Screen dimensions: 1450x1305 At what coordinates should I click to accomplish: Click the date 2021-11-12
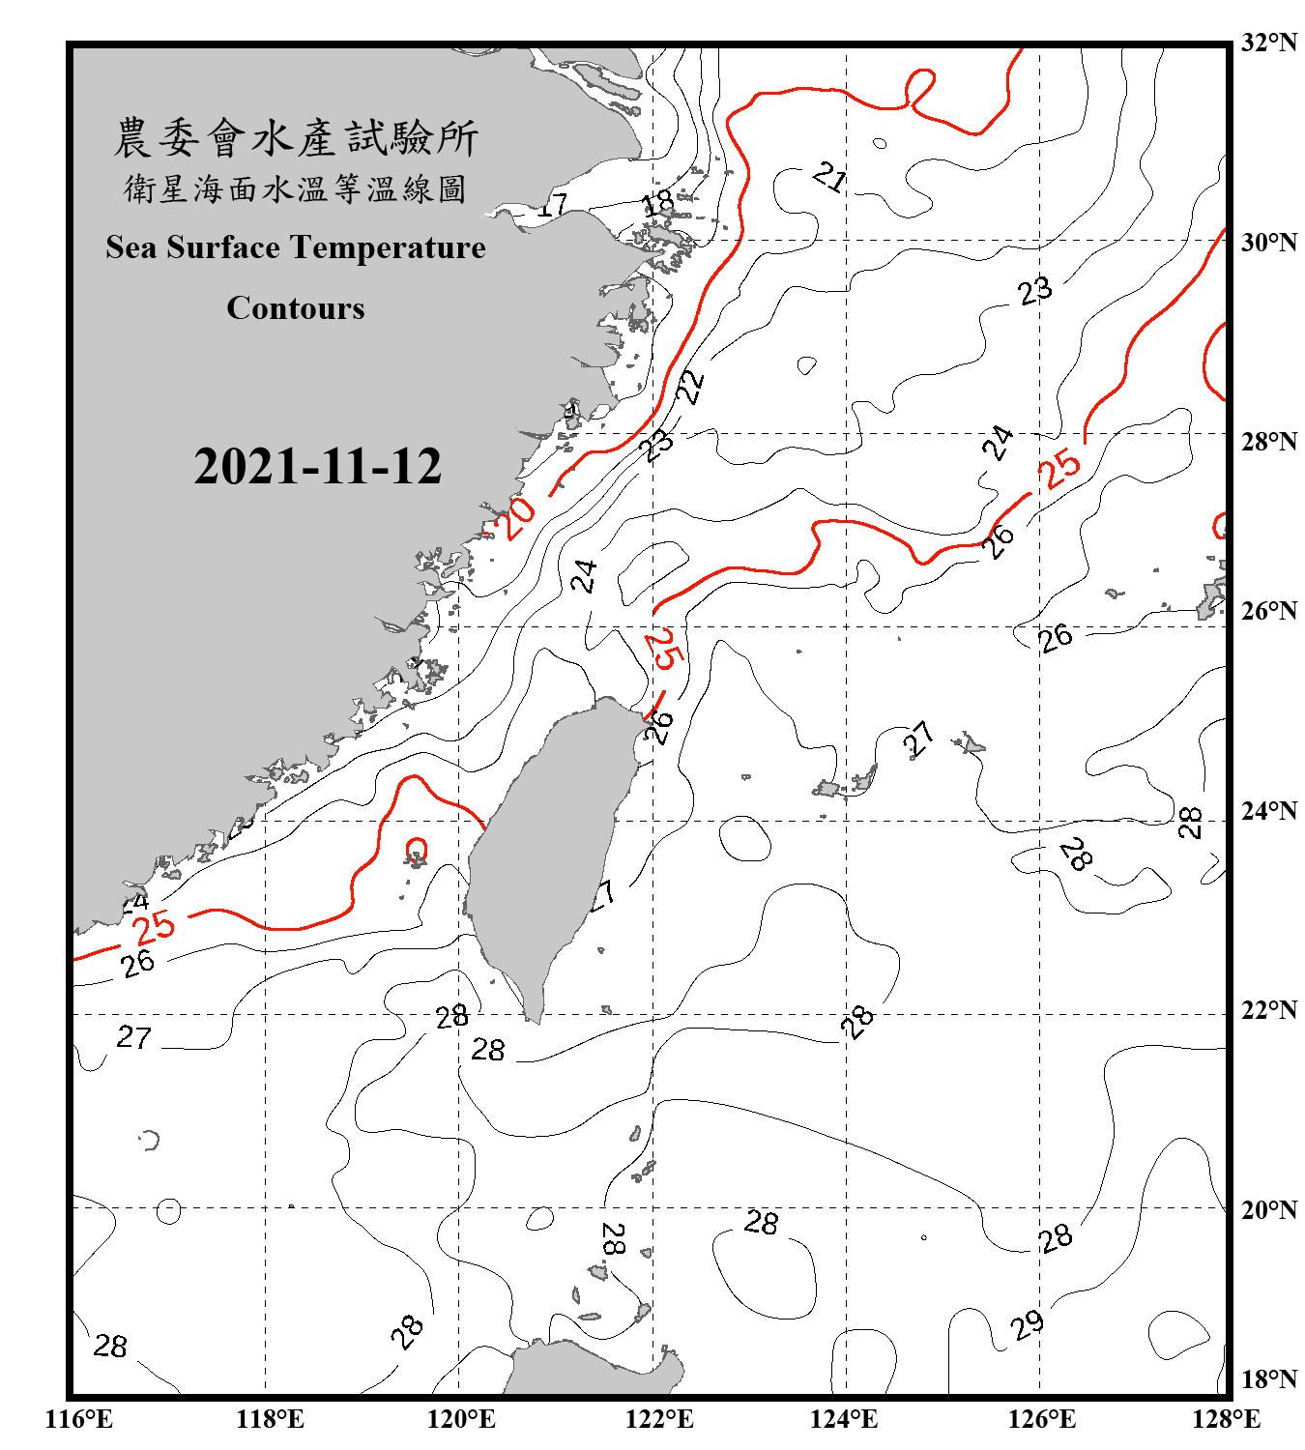point(317,467)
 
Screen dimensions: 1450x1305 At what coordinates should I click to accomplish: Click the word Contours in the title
point(296,308)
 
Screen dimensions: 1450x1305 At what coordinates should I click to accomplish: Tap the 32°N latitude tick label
point(1268,43)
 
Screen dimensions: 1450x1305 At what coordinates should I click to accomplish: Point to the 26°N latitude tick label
point(1268,611)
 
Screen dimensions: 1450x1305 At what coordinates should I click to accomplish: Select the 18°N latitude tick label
point(1268,1379)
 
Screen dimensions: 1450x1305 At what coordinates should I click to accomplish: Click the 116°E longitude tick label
point(79,1419)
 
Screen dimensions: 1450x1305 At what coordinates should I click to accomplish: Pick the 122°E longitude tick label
point(659,1419)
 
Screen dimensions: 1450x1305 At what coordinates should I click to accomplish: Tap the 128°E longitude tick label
point(1226,1419)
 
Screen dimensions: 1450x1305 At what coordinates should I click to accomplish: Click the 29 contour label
point(1028,1324)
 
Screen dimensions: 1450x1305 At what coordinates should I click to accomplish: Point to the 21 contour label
point(829,178)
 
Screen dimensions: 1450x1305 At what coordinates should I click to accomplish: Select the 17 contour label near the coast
point(553,206)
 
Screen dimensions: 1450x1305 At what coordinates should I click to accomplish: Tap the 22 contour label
point(690,387)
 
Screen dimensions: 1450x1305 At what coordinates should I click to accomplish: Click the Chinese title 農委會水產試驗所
point(296,137)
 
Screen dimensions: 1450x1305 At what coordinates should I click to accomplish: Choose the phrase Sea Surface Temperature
point(296,247)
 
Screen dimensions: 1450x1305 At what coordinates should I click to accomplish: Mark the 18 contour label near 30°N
point(658,203)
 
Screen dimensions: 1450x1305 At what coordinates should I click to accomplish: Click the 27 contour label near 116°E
point(134,1038)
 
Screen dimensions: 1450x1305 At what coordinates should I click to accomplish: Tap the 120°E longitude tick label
point(461,1419)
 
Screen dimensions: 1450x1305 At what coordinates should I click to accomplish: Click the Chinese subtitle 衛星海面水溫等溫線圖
point(296,188)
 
